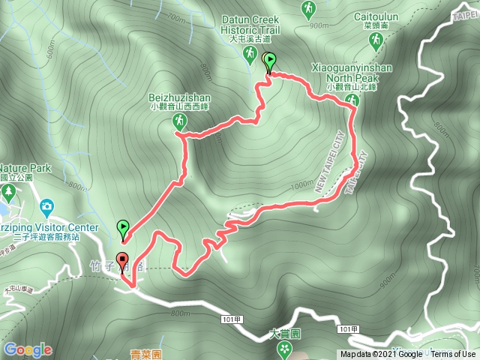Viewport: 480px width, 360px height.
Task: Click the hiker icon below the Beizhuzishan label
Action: (179, 121)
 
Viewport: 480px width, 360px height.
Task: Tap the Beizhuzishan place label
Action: (179, 97)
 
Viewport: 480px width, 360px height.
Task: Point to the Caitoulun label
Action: (373, 15)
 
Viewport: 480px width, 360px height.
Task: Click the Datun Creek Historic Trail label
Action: (250, 25)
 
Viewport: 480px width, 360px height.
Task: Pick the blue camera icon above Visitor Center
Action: (46, 205)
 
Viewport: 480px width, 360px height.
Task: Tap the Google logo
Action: (28, 349)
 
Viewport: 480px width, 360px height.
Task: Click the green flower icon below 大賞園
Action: (284, 349)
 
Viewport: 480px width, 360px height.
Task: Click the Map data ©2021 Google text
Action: (381, 355)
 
